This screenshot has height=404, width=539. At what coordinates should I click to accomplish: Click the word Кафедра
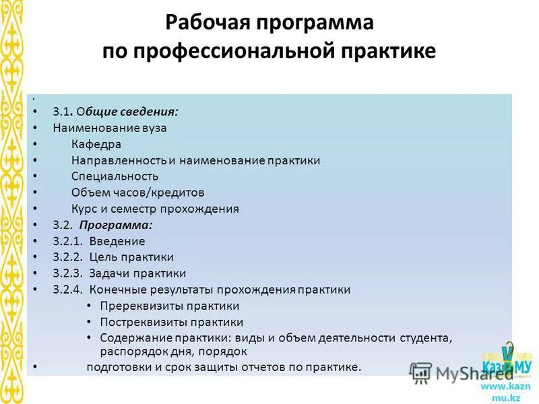coord(96,144)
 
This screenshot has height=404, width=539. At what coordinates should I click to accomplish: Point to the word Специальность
coord(115,176)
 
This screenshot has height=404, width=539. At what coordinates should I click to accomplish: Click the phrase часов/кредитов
coord(158,193)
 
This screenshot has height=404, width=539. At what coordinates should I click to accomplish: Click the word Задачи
coord(108,273)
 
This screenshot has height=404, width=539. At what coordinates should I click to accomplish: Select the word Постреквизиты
coord(144,323)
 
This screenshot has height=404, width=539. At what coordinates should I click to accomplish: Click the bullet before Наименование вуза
coord(34,127)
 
